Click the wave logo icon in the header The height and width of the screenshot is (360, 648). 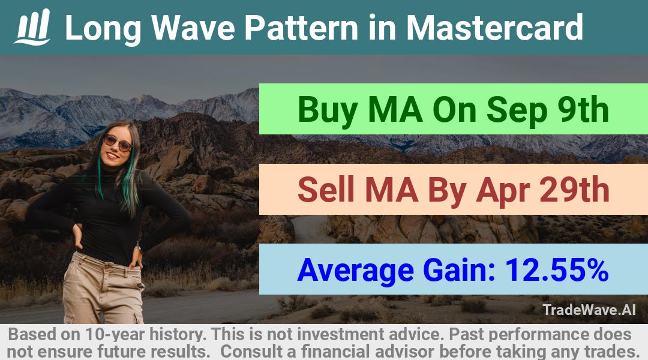click(32, 27)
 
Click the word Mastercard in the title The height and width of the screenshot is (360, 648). click(494, 28)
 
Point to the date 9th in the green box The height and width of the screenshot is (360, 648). click(583, 110)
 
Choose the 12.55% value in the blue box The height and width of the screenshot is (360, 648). click(557, 270)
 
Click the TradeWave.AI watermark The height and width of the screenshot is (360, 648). click(589, 310)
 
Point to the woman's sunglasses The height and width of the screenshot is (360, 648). click(118, 143)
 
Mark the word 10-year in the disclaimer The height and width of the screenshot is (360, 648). click(115, 334)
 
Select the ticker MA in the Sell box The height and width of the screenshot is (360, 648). click(391, 190)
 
